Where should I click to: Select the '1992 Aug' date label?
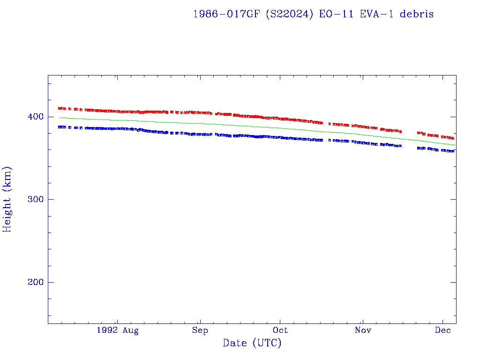(117, 330)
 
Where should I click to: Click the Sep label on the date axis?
(200, 330)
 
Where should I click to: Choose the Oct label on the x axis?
(280, 330)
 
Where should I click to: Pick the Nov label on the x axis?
(363, 330)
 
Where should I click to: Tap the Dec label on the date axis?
(443, 330)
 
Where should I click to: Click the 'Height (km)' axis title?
(7, 199)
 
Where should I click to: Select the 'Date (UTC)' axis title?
(252, 344)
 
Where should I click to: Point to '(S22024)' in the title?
(290, 14)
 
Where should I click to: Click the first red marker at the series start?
(60, 108)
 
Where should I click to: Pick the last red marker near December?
(453, 138)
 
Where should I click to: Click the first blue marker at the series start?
(60, 127)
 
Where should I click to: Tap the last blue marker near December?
(453, 151)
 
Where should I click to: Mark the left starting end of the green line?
(60, 118)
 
